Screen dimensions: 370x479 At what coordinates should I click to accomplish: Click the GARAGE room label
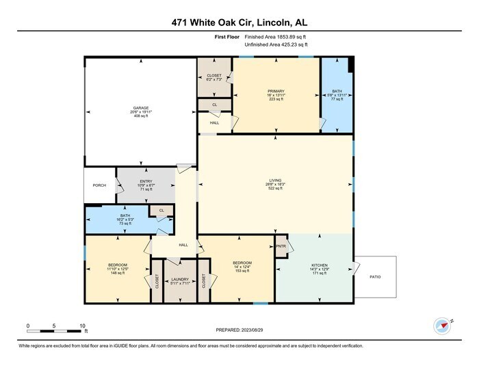[140, 108]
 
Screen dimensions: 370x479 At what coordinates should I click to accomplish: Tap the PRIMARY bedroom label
[276, 90]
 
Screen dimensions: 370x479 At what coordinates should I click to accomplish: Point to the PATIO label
[374, 277]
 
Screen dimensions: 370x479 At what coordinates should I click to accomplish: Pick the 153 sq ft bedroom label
[242, 263]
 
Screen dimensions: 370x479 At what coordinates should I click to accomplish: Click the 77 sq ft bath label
[335, 90]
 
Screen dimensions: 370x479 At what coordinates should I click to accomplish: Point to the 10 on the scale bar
[82, 326]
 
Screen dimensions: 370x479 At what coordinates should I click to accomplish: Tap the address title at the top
[239, 21]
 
